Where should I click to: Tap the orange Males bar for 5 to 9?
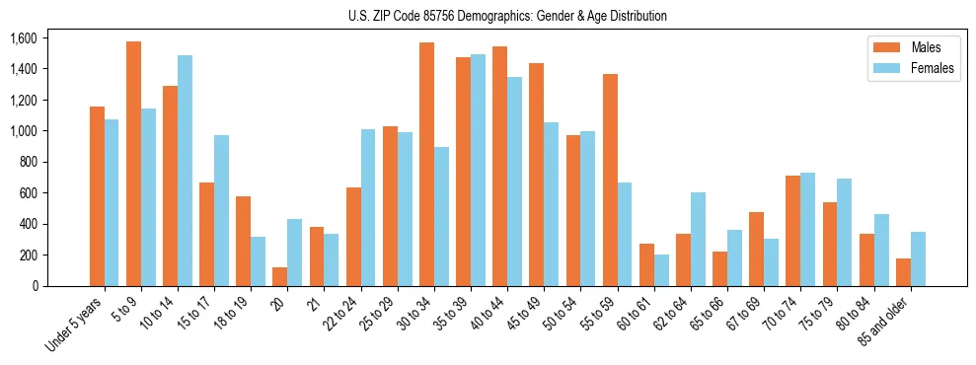(133, 164)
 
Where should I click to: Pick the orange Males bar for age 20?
(280, 276)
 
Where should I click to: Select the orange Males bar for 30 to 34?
(426, 164)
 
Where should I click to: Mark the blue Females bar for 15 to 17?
(221, 210)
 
